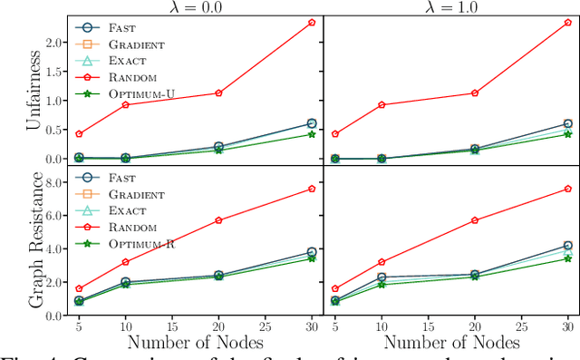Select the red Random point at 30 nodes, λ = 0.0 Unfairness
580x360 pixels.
pyautogui.click(x=312, y=22)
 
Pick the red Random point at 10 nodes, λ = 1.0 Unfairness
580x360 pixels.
pyautogui.click(x=382, y=104)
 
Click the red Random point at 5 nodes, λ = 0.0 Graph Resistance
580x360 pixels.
pyautogui.click(x=79, y=288)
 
